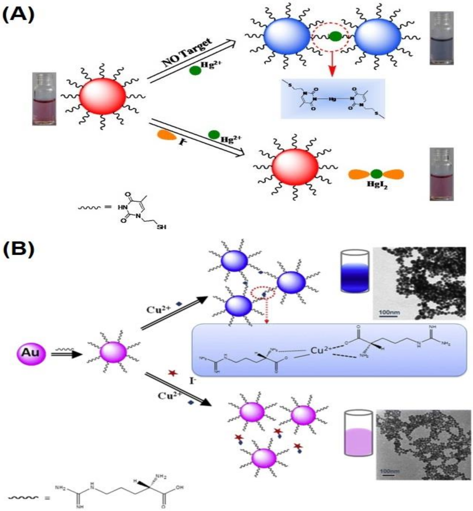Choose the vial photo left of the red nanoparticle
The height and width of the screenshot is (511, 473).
[44, 99]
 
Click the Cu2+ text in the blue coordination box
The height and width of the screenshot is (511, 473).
[319, 350]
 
